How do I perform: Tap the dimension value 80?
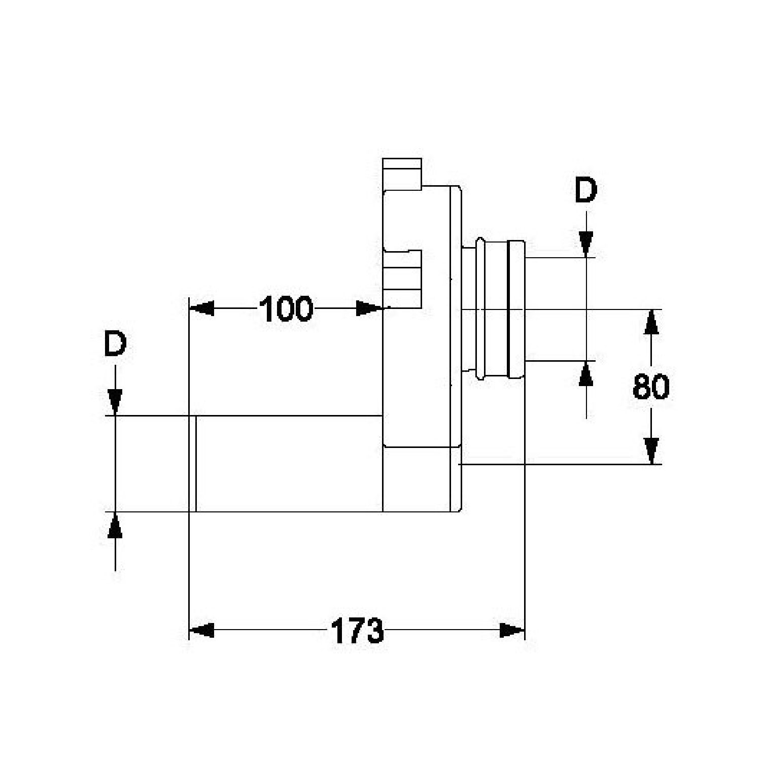tap(651, 387)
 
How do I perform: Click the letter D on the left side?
tap(115, 345)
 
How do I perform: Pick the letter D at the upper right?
tap(586, 191)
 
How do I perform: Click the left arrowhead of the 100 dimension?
tap(201, 308)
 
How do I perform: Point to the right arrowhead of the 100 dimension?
tap(369, 308)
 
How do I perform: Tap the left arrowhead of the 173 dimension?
tap(201, 631)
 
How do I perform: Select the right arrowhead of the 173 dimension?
tap(512, 631)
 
